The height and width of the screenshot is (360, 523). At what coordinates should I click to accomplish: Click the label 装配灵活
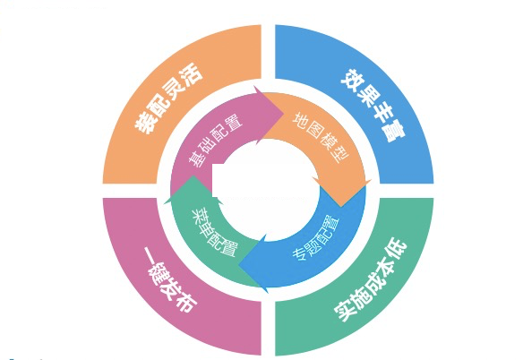168,99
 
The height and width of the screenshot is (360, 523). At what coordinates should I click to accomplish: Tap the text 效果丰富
373,106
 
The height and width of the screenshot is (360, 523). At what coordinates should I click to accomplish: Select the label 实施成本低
371,279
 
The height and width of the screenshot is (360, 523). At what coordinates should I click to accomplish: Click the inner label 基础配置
215,141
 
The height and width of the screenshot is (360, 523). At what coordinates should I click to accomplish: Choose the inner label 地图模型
321,138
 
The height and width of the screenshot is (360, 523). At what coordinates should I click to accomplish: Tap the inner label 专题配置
316,238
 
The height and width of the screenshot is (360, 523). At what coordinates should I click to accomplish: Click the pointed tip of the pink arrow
283,114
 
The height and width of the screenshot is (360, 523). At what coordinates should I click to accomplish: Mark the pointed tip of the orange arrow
341,207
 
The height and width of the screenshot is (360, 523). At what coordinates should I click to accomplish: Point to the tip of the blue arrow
239,265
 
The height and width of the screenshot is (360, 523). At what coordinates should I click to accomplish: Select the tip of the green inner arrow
193,176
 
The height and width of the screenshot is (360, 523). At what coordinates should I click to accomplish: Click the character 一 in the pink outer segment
149,255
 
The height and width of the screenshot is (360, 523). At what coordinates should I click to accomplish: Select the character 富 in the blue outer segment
394,133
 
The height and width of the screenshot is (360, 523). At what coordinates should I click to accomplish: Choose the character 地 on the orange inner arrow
300,120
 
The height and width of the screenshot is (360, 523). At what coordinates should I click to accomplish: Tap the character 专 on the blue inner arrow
299,253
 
